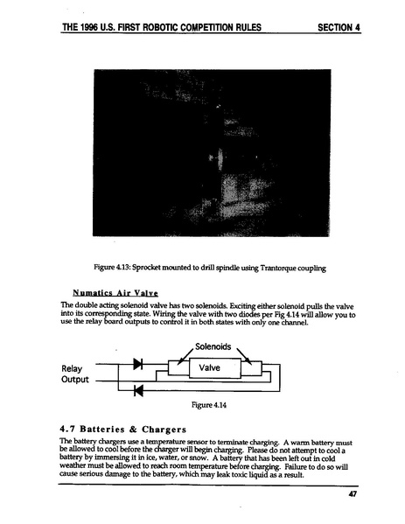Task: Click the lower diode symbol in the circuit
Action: (137, 389)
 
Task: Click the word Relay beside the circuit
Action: (73, 367)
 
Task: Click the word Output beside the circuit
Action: (76, 381)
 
